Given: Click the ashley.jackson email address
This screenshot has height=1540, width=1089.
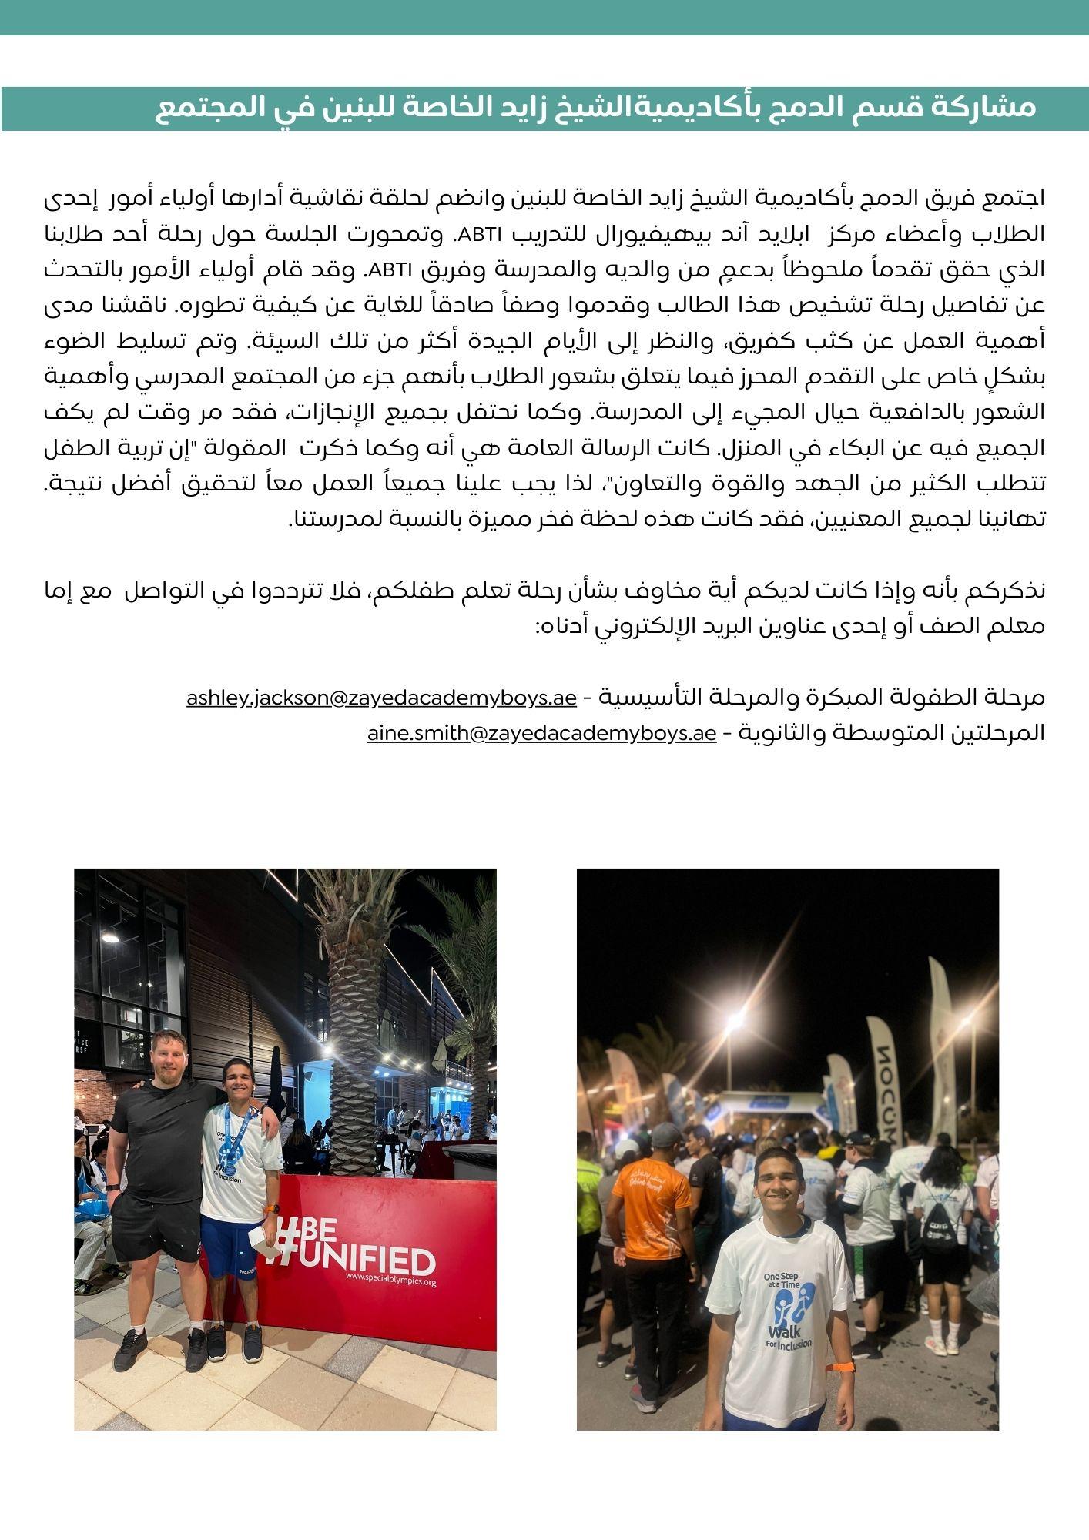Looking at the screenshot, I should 381,698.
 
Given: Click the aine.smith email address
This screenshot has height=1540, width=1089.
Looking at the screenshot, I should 541,734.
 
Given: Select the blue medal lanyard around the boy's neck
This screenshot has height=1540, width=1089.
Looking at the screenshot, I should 235,1132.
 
